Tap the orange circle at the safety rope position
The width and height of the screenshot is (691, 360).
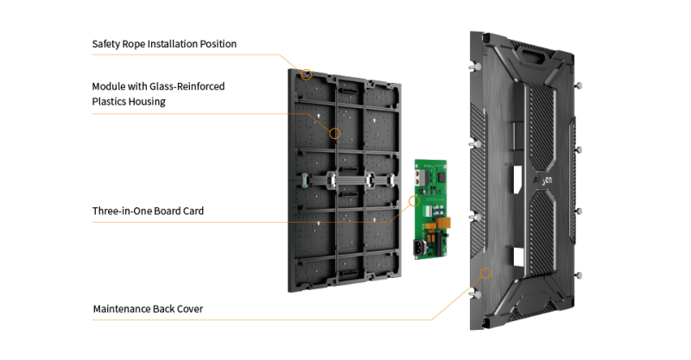pyautogui.click(x=307, y=74)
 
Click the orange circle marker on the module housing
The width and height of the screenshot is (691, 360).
pyautogui.click(x=335, y=133)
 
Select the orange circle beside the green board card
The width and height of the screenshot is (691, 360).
pyautogui.click(x=414, y=201)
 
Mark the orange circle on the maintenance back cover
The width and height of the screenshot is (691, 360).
pyautogui.click(x=486, y=273)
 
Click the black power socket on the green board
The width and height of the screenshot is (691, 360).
pyautogui.click(x=420, y=249)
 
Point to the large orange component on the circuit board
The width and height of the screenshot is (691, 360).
pyautogui.click(x=445, y=223)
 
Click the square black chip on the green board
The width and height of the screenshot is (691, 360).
pyautogui.click(x=441, y=177)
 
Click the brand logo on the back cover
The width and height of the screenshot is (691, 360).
pyautogui.click(x=542, y=180)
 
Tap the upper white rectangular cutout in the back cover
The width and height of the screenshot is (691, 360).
pyautogui.click(x=517, y=180)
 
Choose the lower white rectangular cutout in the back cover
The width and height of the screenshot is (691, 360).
pyautogui.click(x=518, y=256)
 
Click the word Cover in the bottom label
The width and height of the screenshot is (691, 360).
pyautogui.click(x=190, y=309)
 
